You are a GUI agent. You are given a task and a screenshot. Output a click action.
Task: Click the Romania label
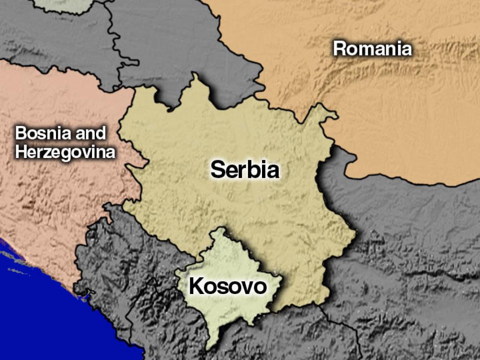(372, 48)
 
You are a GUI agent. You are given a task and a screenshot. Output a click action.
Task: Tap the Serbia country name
(244, 169)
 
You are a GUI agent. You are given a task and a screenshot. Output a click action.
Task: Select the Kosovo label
(228, 287)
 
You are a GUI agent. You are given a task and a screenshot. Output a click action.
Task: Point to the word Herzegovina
(65, 153)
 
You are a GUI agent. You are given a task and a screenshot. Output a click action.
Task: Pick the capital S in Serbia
(218, 169)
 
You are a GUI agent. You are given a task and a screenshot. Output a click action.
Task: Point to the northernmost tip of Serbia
(194, 74)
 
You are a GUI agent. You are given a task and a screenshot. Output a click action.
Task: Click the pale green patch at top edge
(62, 4)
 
